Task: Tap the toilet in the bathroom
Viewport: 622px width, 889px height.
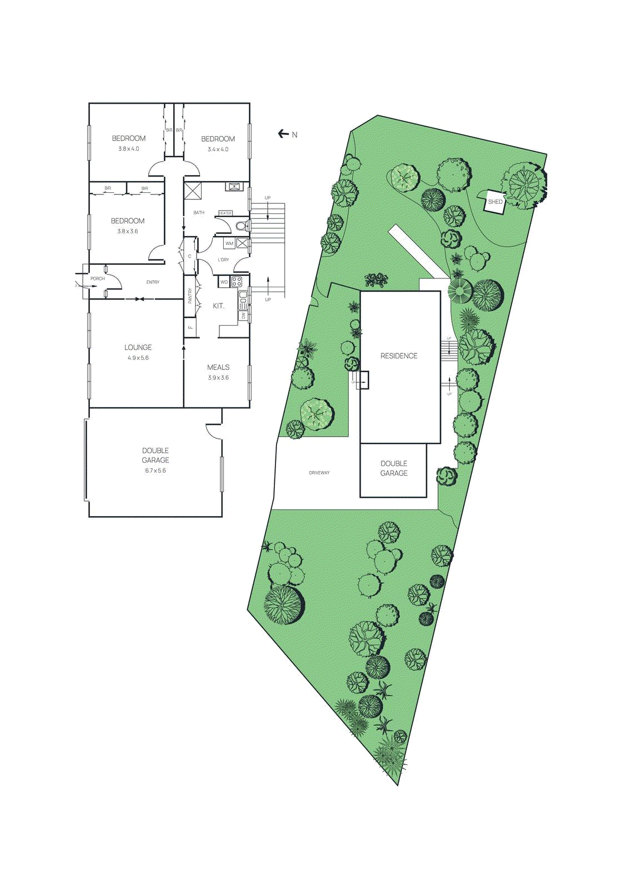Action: (x=241, y=226)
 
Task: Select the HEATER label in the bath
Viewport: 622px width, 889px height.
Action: (x=225, y=213)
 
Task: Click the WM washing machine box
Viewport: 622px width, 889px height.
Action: (x=229, y=243)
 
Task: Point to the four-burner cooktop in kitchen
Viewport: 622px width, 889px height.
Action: (x=237, y=282)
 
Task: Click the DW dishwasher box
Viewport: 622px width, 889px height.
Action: (x=243, y=316)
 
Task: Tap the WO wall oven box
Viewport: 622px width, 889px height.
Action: (x=224, y=282)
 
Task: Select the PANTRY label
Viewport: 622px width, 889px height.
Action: (x=190, y=296)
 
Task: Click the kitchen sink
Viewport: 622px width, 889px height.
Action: (x=243, y=300)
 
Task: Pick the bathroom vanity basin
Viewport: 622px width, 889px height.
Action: (x=234, y=186)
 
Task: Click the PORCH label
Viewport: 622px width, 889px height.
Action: (x=97, y=278)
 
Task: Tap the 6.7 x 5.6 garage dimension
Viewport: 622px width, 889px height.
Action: (x=155, y=471)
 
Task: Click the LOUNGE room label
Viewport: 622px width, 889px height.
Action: (x=138, y=347)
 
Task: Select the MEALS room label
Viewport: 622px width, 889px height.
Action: (x=218, y=367)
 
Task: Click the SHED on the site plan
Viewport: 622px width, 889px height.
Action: (x=494, y=202)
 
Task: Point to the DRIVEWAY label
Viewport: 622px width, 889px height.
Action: (x=319, y=473)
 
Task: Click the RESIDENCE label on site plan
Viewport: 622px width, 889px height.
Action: (x=399, y=356)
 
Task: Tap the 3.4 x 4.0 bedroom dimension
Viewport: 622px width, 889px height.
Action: (x=218, y=149)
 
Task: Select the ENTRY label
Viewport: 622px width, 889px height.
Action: (x=153, y=282)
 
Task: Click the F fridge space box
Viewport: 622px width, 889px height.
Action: (x=190, y=327)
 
